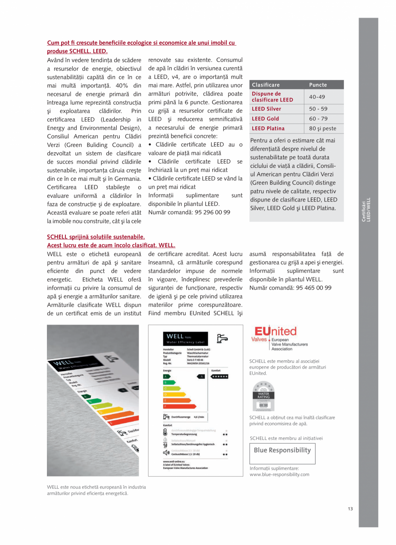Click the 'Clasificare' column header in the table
[x=266, y=85]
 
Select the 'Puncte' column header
[x=318, y=85]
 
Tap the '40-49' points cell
[x=317, y=97]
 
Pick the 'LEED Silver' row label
[x=266, y=109]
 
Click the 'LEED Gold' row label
[x=265, y=118]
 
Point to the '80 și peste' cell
[x=323, y=128]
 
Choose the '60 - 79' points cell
[x=318, y=118]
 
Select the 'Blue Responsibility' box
[x=282, y=450]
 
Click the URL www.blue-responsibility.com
[x=279, y=474]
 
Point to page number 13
[x=350, y=509]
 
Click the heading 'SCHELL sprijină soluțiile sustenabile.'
[x=96, y=237]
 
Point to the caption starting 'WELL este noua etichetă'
[x=96, y=490]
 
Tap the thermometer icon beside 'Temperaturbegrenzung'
[x=166, y=432]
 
